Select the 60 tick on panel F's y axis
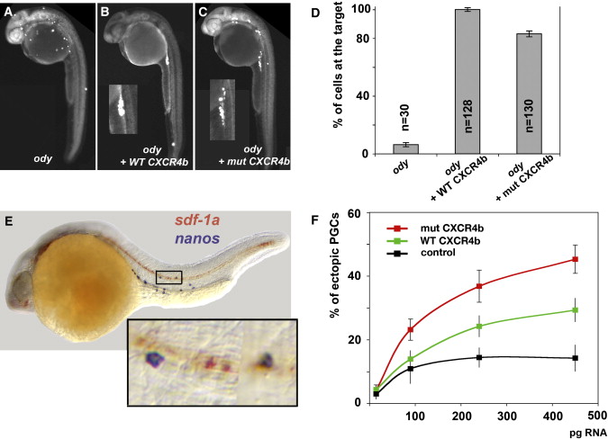[357, 214]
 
